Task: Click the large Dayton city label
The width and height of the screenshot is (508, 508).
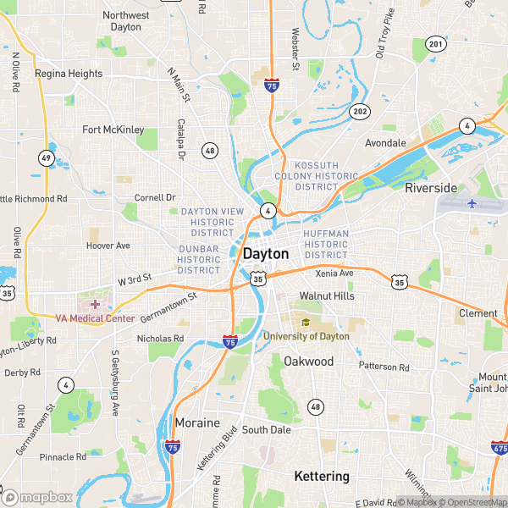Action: [x=266, y=253]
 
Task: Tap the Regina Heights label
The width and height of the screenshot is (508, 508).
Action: [x=69, y=74]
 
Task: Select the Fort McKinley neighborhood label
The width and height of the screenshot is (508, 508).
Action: [x=113, y=130]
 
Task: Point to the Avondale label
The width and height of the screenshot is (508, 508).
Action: [x=385, y=143]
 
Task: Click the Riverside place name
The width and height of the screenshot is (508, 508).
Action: [x=430, y=187]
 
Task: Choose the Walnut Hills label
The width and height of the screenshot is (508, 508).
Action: [x=321, y=296]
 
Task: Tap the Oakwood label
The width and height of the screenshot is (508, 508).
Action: [x=308, y=362]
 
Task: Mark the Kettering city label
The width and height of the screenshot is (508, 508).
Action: [x=322, y=477]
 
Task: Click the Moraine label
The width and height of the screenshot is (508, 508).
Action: [x=197, y=422]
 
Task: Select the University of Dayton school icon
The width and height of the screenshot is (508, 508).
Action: [x=306, y=323]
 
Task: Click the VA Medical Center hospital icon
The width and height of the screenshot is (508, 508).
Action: [x=95, y=303]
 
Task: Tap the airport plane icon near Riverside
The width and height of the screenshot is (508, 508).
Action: [x=472, y=204]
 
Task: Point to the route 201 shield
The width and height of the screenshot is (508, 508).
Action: [x=435, y=43]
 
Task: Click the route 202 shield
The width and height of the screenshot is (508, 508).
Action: [x=361, y=111]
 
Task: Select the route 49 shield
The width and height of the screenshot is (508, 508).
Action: [x=45, y=157]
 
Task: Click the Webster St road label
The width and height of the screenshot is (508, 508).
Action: [x=295, y=47]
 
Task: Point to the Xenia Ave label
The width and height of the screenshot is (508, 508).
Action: [x=334, y=273]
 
